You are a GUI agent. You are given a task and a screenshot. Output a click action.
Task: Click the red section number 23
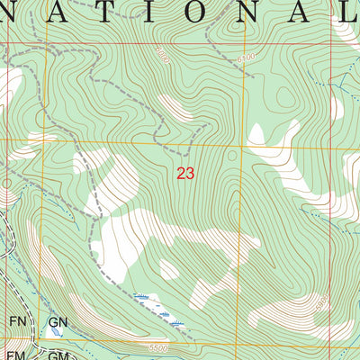tap(185, 174)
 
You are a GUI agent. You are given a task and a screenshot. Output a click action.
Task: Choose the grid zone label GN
tap(59, 322)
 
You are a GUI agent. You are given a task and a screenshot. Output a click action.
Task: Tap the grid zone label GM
tap(59, 355)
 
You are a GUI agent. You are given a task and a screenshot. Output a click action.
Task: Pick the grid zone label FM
tap(17, 355)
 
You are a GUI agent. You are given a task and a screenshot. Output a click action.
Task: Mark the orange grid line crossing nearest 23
tap(240, 144)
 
